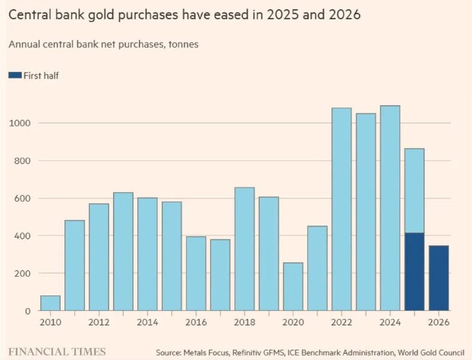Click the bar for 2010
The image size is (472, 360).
(x=50, y=303)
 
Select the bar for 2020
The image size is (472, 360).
(x=293, y=287)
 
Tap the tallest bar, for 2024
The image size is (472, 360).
(x=390, y=208)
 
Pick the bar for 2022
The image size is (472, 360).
(x=342, y=209)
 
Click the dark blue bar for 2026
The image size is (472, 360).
(x=438, y=278)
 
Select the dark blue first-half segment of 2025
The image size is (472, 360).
(x=415, y=271)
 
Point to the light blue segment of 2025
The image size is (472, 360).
(x=415, y=191)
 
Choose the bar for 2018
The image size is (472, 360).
(x=244, y=249)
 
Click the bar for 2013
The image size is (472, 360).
(x=123, y=251)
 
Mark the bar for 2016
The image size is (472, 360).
(x=196, y=274)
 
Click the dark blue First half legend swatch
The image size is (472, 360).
(x=15, y=76)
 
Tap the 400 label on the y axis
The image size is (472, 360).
(x=22, y=235)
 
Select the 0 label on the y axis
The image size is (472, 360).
(x=27, y=311)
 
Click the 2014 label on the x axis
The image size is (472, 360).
(x=147, y=322)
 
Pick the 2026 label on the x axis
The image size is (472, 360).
(x=438, y=322)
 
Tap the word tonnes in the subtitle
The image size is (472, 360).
(x=183, y=44)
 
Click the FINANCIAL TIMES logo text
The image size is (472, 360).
(x=57, y=352)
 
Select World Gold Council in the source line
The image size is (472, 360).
(x=431, y=352)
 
